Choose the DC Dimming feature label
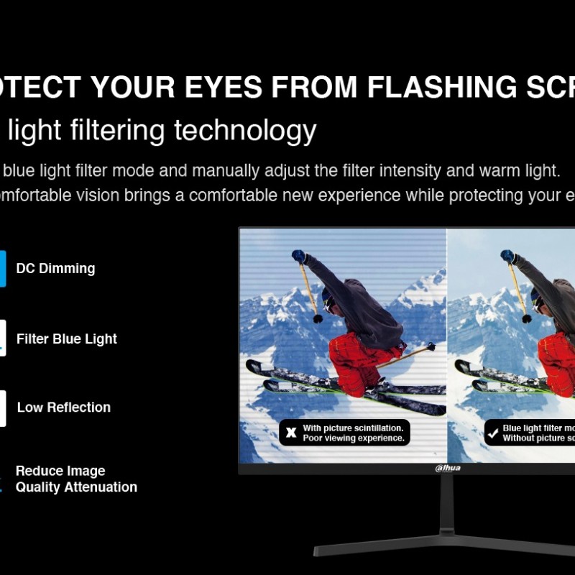(x=55, y=269)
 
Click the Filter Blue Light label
(x=66, y=339)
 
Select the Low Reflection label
(x=63, y=408)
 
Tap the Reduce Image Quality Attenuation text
(x=75, y=479)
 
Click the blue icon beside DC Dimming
(x=2, y=269)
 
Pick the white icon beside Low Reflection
(x=2, y=408)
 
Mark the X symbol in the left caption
(x=291, y=433)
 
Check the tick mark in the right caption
(x=492, y=433)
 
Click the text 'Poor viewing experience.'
(x=353, y=438)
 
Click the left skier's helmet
(x=328, y=298)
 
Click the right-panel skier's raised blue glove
(x=507, y=256)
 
